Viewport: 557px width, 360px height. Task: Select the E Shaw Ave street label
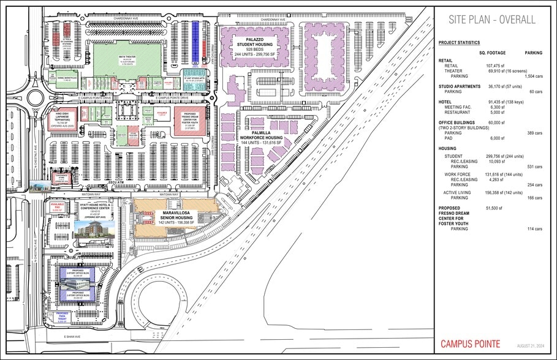72,337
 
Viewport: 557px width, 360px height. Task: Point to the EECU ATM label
114,182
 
